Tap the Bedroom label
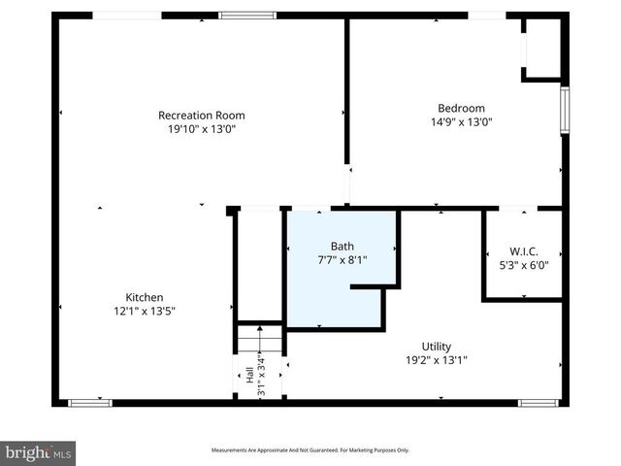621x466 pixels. coord(461,108)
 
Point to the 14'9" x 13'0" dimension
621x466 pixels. coord(461,121)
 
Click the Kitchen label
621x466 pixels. coord(144,297)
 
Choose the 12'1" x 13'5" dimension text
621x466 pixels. coord(144,311)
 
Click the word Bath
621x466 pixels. coord(343,246)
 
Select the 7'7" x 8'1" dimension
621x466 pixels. coord(343,259)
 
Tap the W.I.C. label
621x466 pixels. coord(523,250)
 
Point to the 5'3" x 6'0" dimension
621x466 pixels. coord(523,264)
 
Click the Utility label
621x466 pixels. coord(436,347)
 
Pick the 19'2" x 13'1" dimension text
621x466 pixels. coord(436,360)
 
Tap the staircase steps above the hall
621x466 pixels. coord(259,339)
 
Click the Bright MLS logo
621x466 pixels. coord(38,452)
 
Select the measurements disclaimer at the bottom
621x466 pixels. coord(310,450)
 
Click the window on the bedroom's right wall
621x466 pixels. coord(564,110)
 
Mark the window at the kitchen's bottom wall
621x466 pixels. coord(89,402)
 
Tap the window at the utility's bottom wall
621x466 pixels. coord(539,402)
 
